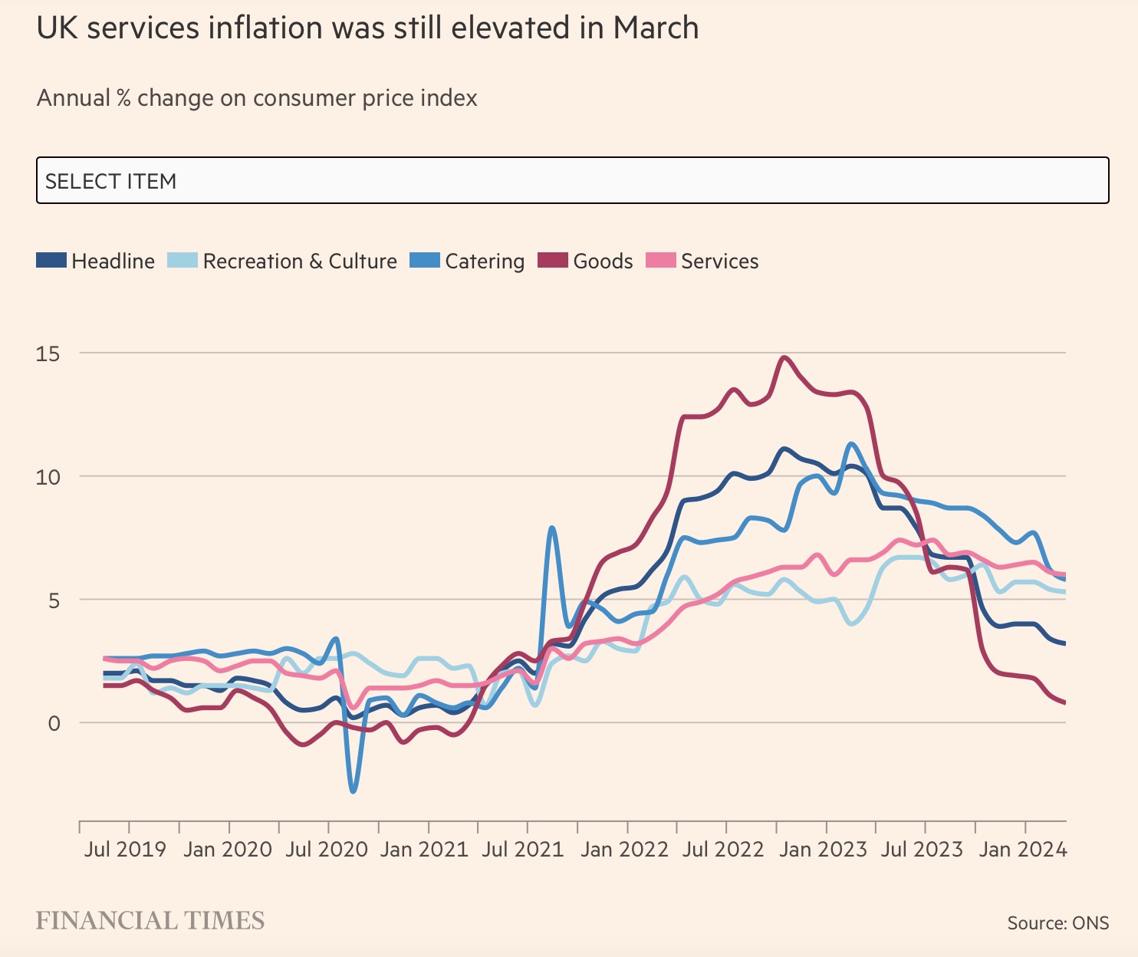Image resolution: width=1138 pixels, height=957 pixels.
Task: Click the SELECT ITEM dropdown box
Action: (x=572, y=181)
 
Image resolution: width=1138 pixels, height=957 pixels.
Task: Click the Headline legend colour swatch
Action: (x=51, y=261)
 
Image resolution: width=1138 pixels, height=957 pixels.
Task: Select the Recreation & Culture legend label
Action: (x=300, y=261)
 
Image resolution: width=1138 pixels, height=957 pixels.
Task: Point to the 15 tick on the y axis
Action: (x=48, y=354)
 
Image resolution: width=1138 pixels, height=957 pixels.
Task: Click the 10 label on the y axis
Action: (x=48, y=477)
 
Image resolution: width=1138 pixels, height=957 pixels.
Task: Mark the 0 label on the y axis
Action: (x=54, y=723)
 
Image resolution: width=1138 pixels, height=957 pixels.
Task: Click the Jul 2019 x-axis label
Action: (x=125, y=850)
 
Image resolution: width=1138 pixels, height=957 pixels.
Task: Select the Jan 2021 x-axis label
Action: (x=424, y=850)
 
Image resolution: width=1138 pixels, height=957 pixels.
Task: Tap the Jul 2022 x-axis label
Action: (x=723, y=850)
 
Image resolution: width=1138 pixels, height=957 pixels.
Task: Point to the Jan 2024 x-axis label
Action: (x=1023, y=850)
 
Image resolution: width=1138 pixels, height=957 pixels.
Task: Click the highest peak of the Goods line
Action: (x=784, y=357)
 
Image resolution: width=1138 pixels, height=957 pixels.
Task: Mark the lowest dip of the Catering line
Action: (x=353, y=791)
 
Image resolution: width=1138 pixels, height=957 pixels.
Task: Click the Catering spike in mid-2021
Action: (x=552, y=528)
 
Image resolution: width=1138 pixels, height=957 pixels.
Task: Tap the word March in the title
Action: (x=656, y=28)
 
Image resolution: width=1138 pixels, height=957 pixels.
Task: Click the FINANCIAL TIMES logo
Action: (x=150, y=920)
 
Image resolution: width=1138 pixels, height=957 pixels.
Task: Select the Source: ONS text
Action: (x=1057, y=922)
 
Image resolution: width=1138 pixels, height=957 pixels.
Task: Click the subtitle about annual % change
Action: (x=257, y=98)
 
